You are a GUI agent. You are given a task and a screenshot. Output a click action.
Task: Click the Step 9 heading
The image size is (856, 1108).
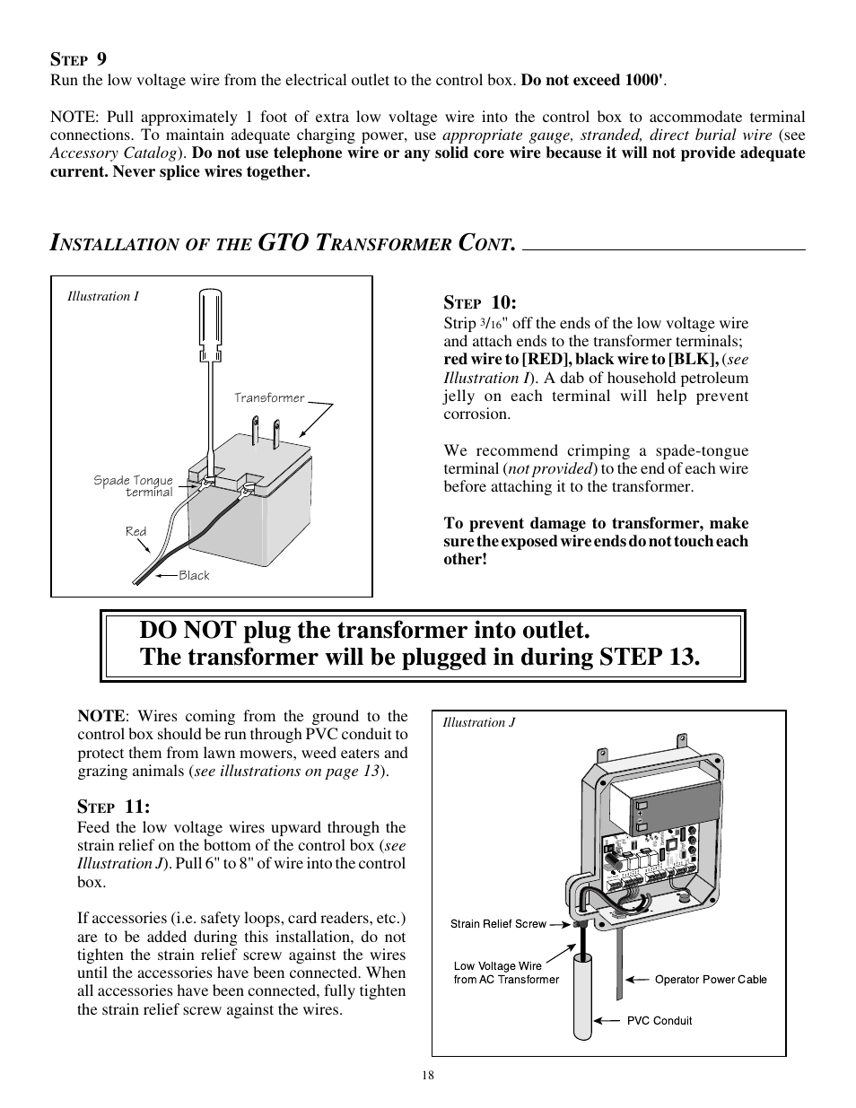[x=78, y=59]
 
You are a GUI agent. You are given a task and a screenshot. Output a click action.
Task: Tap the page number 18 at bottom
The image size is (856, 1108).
[x=428, y=1077]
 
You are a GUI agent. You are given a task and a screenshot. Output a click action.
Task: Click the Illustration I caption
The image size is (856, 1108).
[x=103, y=296]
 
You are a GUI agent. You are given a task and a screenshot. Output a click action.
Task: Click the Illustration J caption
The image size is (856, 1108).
[x=479, y=722]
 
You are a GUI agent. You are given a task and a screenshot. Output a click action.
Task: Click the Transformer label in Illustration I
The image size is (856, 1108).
[x=269, y=397]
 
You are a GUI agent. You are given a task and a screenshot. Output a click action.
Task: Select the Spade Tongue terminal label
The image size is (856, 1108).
[x=134, y=485]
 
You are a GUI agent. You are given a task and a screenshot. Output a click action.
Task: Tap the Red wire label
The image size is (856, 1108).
[x=135, y=531]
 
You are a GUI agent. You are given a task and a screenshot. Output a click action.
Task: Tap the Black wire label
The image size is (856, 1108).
[x=194, y=575]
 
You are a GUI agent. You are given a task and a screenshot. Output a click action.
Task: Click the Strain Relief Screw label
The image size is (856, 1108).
[x=498, y=923]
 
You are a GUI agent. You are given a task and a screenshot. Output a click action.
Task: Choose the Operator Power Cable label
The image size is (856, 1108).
[x=711, y=979]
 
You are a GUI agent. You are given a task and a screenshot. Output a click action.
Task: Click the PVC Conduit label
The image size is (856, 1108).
[x=659, y=1020]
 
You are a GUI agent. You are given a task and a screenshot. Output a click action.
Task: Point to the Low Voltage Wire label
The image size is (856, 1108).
[x=506, y=973]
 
